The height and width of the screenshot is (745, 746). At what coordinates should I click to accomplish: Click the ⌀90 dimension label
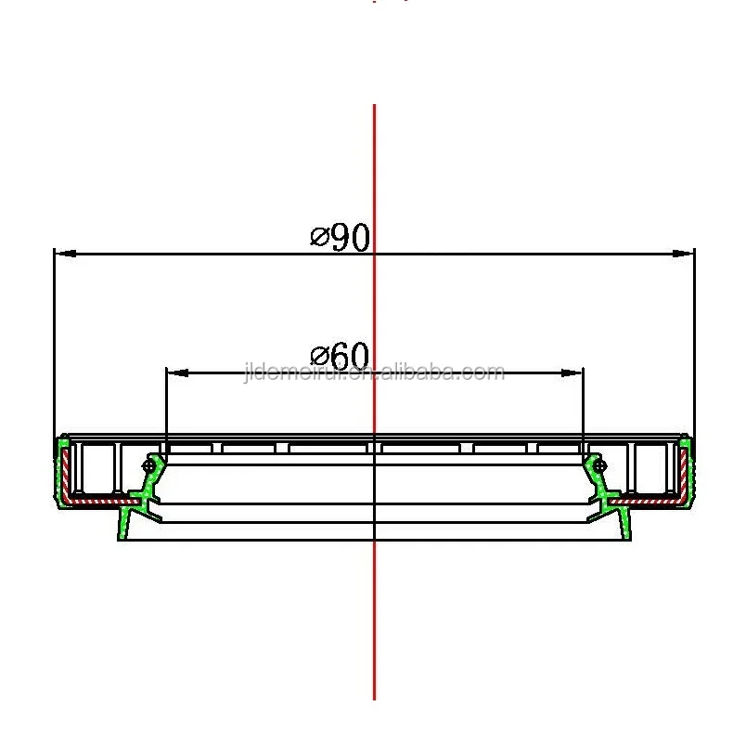341,238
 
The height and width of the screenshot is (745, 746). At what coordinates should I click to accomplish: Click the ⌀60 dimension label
341,356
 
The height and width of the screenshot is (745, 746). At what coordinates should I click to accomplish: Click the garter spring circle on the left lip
148,464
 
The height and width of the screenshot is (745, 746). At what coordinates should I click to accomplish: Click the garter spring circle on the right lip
600,464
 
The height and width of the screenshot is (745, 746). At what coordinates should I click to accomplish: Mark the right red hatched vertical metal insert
684,474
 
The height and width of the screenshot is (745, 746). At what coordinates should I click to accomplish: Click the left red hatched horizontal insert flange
97,500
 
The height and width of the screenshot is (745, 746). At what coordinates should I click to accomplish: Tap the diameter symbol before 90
318,240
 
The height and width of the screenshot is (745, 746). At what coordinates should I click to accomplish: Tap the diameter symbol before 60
318,358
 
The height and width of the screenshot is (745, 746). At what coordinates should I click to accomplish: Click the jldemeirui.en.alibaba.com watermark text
373,373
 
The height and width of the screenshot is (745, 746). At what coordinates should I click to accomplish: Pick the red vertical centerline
374,604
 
